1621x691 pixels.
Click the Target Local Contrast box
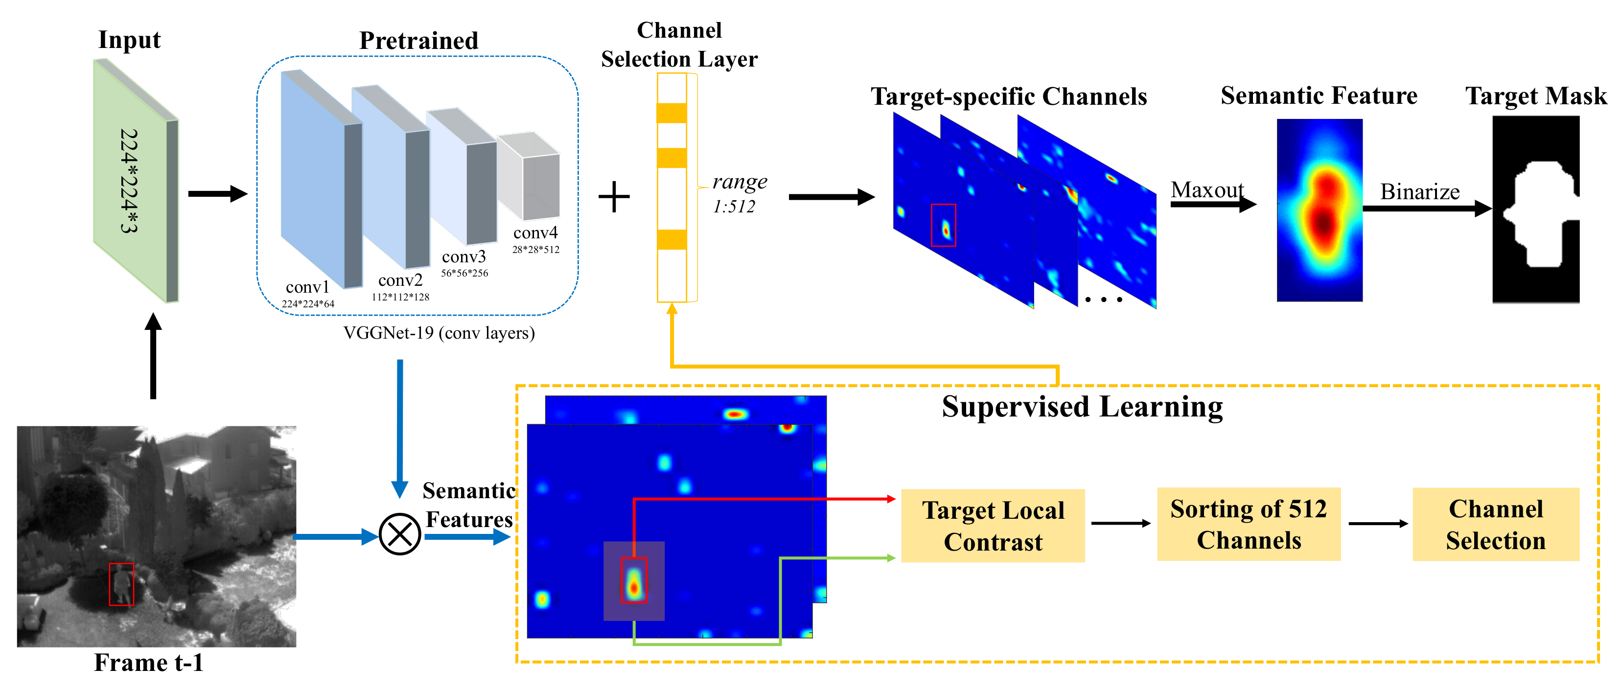(993, 526)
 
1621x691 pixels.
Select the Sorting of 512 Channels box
(1249, 524)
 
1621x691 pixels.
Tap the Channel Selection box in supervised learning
(1495, 524)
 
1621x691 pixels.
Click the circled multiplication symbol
(399, 534)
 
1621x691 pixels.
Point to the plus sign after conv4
(614, 197)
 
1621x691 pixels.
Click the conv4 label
(535, 233)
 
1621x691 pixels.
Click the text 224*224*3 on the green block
(129, 181)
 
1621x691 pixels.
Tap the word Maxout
(1207, 189)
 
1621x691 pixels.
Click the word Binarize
(1420, 191)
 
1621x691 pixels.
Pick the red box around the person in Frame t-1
(121, 584)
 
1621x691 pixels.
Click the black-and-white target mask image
(1535, 209)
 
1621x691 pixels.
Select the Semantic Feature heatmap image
(1319, 210)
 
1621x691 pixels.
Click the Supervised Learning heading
(1082, 407)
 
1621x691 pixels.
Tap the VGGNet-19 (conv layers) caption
(439, 332)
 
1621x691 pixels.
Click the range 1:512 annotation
(738, 193)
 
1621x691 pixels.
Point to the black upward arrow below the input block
(153, 356)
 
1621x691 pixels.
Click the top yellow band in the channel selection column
(672, 113)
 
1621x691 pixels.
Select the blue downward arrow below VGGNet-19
(399, 428)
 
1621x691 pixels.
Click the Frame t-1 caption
(149, 663)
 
